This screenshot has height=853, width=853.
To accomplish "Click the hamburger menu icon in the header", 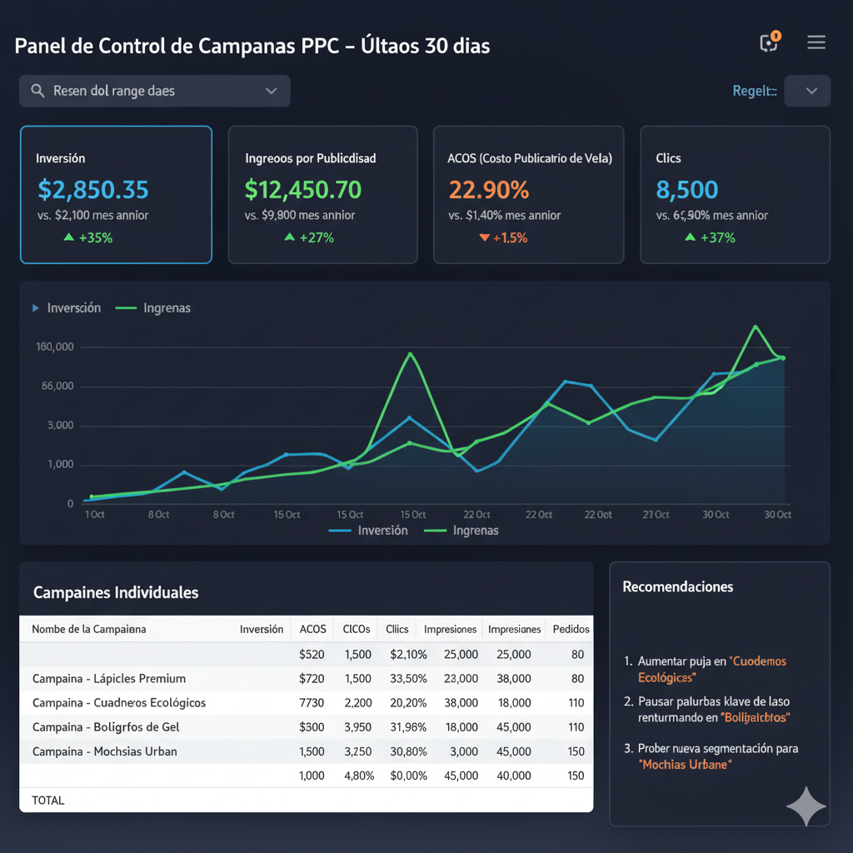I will point(816,43).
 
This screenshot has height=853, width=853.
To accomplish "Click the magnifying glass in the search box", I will point(37,91).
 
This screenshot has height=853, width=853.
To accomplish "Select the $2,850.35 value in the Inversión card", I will point(93,190).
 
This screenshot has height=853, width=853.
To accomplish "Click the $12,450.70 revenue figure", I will point(303,190).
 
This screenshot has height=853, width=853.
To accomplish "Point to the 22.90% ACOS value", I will point(489,190).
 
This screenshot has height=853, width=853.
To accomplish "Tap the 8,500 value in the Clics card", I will point(687,190).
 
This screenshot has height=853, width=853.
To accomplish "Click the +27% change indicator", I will point(309,238).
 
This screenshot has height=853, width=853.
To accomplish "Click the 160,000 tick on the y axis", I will point(54,347).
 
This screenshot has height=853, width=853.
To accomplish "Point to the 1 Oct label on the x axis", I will point(94,515).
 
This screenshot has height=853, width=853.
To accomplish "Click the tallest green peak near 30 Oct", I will point(756,327).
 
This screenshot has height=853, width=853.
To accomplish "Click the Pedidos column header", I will point(571,629).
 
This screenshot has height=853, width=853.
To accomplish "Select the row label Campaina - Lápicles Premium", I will point(109,678).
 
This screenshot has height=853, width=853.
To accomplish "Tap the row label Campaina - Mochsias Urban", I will point(105,751).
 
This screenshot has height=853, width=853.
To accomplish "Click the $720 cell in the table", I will point(312,678).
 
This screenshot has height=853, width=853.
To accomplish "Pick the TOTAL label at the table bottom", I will point(47,800).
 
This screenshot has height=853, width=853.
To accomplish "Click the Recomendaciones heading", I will point(678,586).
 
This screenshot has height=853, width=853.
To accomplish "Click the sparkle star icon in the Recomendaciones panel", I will point(806,806).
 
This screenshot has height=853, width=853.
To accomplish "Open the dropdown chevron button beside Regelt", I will point(807,91).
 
